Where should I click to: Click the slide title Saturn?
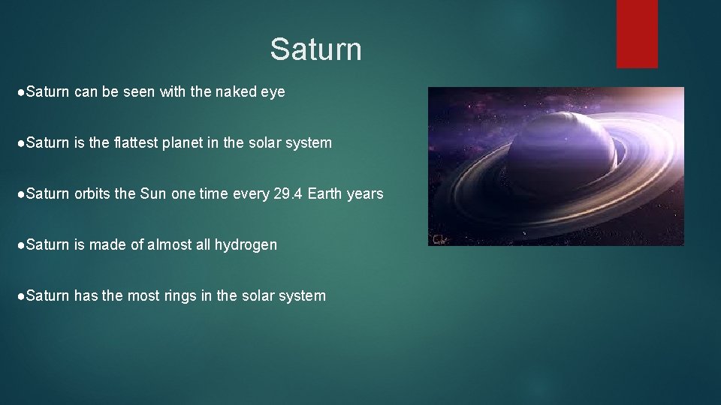pos(315,49)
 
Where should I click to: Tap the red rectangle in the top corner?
pos(637,33)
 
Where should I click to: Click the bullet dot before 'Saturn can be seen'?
pos(21,92)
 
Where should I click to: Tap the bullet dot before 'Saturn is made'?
pos(21,244)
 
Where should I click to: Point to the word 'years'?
pos(365,193)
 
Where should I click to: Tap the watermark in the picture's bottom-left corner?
pos(437,239)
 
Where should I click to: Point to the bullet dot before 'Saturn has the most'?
pos(21,295)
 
